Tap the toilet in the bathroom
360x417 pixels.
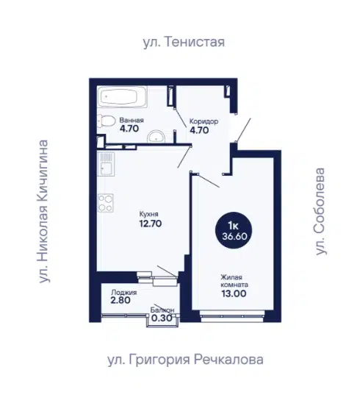point(106,121)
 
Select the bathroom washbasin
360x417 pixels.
point(156,137)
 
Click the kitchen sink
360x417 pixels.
point(106,164)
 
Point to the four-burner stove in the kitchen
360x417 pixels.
point(106,203)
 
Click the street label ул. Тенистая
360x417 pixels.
point(184,42)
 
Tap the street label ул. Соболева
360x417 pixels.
point(320,211)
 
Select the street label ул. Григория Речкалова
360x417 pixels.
point(185,360)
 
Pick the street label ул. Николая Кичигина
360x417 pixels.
point(43,211)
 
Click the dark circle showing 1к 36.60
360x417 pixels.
point(234,230)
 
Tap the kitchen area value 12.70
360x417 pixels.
point(151,224)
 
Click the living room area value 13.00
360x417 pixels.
point(234,293)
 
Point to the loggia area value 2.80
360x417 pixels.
point(120,300)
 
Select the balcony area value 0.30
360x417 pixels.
point(162,318)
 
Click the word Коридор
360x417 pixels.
point(204,121)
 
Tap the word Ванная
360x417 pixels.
point(132,120)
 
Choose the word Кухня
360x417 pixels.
point(149,214)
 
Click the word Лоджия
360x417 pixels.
point(124,293)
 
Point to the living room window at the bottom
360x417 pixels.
point(232,316)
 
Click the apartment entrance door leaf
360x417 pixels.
point(243,129)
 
